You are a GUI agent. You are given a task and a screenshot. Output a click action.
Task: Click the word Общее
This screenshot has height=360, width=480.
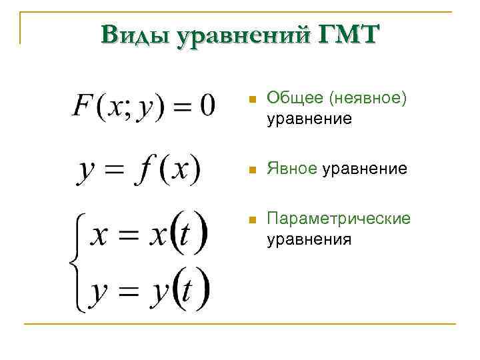coord(286,99)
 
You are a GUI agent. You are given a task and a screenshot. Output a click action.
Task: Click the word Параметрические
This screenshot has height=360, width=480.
coord(339,220)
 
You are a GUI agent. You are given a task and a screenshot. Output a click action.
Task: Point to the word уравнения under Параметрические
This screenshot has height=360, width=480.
coord(309,239)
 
